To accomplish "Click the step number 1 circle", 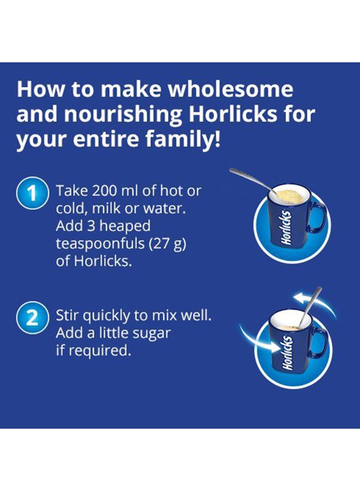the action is [x=32, y=193].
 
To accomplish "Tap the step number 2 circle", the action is [x=32, y=317].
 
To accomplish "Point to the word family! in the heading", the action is [x=183, y=139].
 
